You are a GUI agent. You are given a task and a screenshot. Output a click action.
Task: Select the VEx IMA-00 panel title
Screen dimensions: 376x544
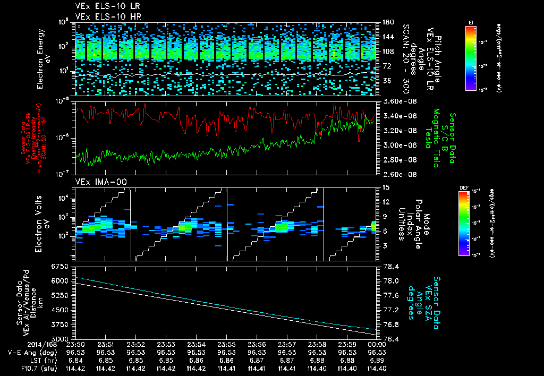click(97, 182)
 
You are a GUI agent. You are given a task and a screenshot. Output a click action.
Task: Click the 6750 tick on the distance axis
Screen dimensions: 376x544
click(59, 266)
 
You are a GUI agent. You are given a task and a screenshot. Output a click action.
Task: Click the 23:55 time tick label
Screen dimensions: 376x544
click(226, 344)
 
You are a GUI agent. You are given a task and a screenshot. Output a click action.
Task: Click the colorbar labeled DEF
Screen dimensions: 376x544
click(471, 224)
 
